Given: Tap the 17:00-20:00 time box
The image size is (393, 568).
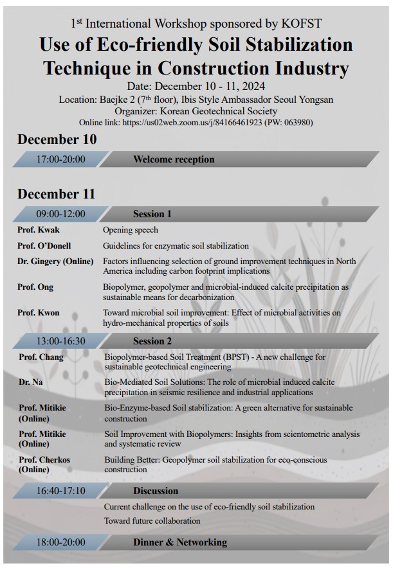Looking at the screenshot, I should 61,159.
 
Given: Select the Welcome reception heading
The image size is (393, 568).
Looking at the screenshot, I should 174,159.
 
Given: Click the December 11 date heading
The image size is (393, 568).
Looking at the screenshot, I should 56,194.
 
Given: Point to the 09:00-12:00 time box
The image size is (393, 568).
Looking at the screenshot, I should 61,214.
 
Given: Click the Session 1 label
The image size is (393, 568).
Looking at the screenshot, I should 152,214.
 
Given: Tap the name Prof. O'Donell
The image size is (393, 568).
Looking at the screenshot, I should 44,245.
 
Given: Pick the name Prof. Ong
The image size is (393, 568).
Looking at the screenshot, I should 35,287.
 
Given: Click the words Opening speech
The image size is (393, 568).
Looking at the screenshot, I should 131,229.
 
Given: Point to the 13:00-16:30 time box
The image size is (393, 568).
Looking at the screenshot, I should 61,341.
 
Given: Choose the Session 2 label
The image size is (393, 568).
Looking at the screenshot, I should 152,341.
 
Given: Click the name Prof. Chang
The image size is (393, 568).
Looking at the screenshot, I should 41,357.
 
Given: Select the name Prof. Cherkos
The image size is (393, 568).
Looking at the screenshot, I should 44,460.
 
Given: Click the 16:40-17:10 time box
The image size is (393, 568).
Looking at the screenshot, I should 61,491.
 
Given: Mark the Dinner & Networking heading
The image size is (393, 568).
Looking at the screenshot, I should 180,542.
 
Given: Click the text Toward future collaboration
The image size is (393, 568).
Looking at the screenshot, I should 152,520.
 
